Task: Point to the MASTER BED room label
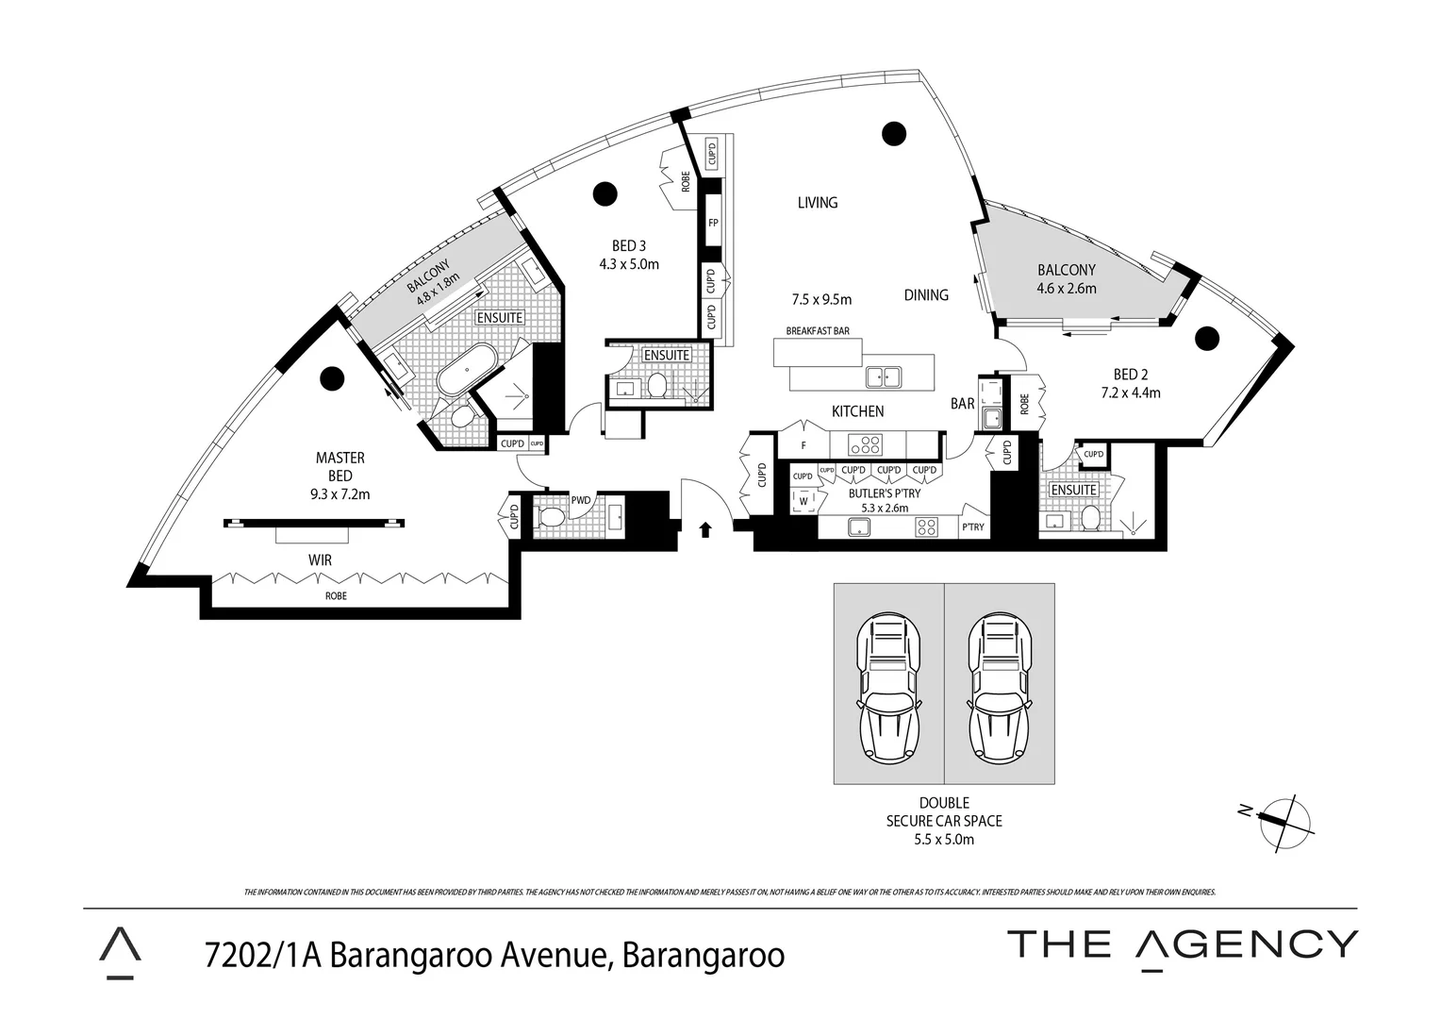click(340, 467)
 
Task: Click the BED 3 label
click(629, 247)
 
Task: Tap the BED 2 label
click(1130, 375)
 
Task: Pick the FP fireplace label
click(713, 224)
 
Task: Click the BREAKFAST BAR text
click(818, 331)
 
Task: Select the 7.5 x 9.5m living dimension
click(821, 300)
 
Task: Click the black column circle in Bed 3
click(605, 194)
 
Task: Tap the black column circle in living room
click(892, 133)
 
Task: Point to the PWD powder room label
click(580, 501)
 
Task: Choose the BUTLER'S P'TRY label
click(884, 493)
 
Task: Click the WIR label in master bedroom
click(320, 560)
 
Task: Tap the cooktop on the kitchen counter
click(866, 443)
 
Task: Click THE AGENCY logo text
click(1183, 944)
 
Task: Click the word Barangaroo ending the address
click(702, 955)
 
